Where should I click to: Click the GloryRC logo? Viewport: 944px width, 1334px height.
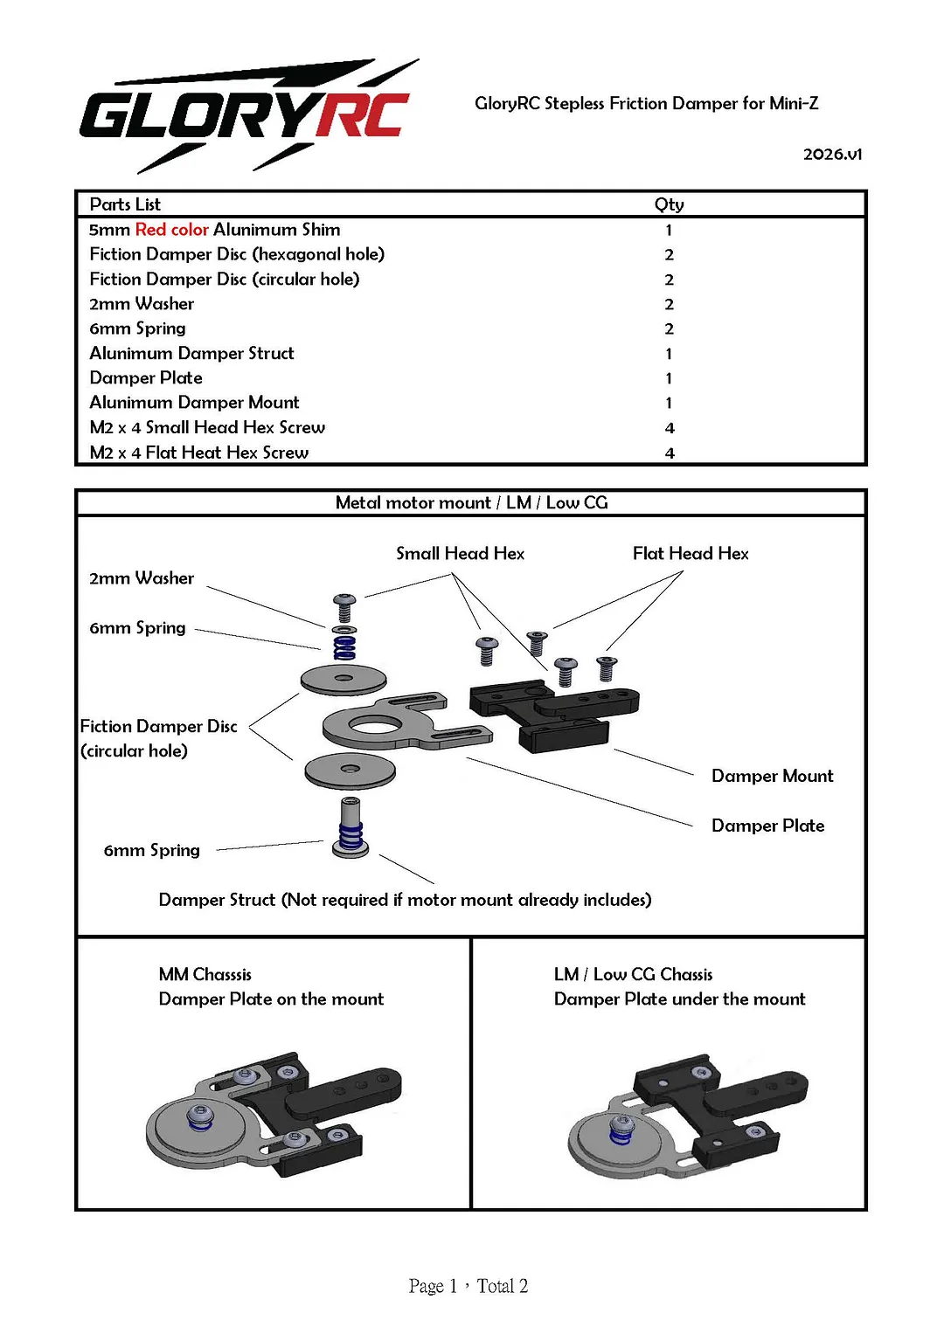click(249, 116)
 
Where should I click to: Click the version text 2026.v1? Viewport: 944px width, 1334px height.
click(832, 155)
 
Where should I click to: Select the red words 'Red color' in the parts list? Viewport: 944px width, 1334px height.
click(171, 229)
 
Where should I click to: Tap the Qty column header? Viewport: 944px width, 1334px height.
click(669, 204)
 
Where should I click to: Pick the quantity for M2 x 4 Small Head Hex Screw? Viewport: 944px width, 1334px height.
click(670, 427)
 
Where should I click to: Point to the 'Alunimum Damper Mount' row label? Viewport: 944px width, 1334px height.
click(194, 403)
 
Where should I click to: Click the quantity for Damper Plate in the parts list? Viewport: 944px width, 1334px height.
click(669, 378)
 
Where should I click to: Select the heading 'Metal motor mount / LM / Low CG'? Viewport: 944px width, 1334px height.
click(471, 502)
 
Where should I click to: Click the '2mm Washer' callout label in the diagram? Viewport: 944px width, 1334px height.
click(142, 577)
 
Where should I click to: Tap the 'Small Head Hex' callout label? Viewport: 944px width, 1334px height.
click(460, 553)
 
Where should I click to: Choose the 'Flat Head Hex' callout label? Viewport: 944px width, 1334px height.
click(691, 553)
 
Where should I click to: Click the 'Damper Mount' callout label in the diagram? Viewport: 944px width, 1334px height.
click(773, 776)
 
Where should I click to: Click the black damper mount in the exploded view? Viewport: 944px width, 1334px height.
click(554, 715)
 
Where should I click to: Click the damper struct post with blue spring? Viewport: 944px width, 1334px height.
click(350, 828)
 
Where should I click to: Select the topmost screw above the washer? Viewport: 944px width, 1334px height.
click(344, 607)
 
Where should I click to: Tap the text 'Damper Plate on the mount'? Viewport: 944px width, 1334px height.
click(271, 999)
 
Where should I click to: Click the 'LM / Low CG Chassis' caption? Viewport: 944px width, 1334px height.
click(633, 974)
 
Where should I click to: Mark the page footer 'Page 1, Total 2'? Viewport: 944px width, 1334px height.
click(469, 1286)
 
